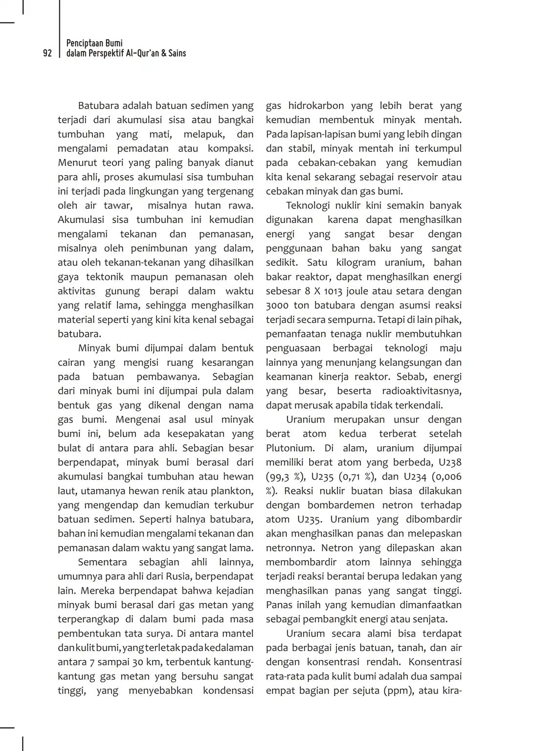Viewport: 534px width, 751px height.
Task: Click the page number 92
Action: pos(47,53)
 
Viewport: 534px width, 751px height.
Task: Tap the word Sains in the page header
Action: pos(177,53)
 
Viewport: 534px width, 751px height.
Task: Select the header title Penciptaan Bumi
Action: pos(94,43)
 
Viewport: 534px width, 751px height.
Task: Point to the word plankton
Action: pos(232,491)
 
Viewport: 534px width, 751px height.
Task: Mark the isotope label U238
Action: pos(450,462)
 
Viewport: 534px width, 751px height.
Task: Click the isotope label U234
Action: pos(416,477)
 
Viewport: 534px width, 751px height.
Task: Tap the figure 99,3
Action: pos(283,477)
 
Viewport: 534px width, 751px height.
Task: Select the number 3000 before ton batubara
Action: pos(277,305)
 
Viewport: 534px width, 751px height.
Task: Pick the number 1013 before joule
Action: pos(333,291)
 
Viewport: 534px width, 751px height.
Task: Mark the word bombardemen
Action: pos(338,505)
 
